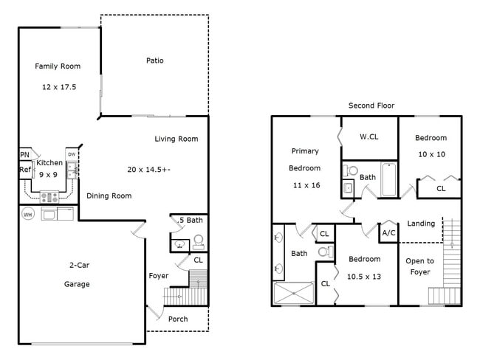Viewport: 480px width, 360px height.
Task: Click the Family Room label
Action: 58,66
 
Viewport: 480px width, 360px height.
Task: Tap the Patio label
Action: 154,60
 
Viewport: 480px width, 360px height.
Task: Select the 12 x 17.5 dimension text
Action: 59,87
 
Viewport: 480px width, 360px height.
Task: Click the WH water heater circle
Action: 28,214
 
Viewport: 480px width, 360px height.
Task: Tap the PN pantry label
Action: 24,154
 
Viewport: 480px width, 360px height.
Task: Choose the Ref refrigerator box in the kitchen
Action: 24,170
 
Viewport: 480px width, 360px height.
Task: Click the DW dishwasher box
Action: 72,154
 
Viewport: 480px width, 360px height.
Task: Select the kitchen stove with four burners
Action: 49,197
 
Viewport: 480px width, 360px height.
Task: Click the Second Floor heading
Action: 371,105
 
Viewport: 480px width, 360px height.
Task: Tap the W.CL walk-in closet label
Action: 370,136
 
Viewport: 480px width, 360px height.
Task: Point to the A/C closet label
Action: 388,232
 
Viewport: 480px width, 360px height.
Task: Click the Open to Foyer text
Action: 419,266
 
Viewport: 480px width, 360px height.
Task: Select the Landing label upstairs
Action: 421,224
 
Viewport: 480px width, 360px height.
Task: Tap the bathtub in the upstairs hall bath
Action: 388,179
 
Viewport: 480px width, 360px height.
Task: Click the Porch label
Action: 178,319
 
